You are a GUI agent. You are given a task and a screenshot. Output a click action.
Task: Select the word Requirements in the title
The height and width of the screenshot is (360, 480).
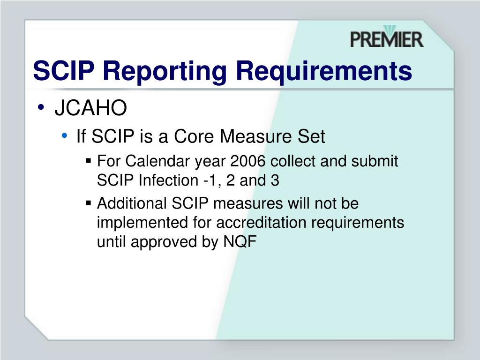point(324,71)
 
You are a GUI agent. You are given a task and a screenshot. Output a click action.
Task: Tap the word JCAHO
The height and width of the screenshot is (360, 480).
point(91,109)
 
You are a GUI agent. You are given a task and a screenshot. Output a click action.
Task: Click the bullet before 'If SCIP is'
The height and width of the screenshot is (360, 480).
point(64,136)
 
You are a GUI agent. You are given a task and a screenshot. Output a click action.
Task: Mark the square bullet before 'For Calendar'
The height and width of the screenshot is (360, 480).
point(89,161)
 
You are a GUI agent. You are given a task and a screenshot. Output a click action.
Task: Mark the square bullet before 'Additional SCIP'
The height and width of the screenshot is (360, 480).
point(89,203)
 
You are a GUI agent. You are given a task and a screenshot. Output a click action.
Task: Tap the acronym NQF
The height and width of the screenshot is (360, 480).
point(241,242)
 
